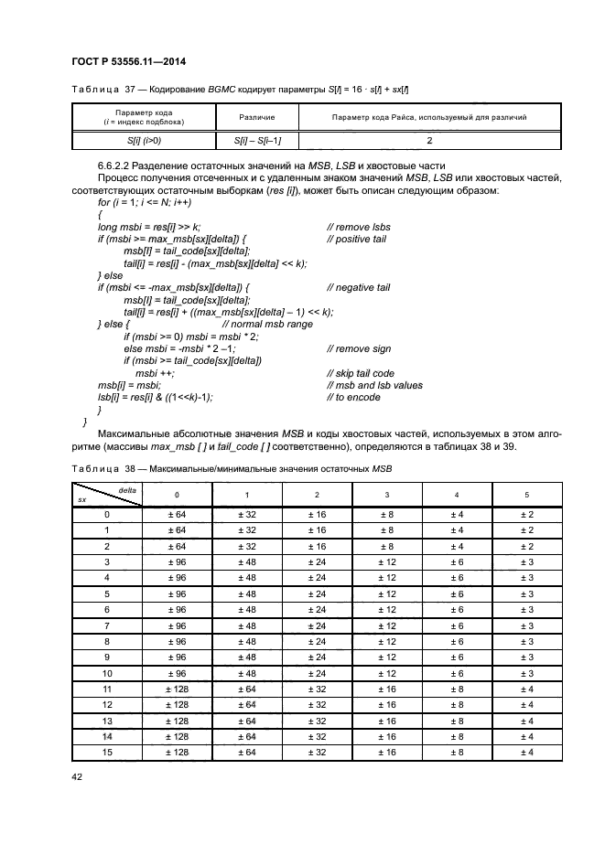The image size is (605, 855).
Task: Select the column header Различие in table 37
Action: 256,118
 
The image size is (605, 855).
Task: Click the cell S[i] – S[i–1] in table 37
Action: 256,141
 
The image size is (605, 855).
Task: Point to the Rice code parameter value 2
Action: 428,141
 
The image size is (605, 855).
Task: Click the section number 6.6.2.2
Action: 122,164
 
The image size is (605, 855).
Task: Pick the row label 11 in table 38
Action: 107,689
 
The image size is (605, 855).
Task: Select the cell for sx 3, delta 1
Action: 247,561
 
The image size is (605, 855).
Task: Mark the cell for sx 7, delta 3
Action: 386,625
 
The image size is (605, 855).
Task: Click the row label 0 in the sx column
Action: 107,514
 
